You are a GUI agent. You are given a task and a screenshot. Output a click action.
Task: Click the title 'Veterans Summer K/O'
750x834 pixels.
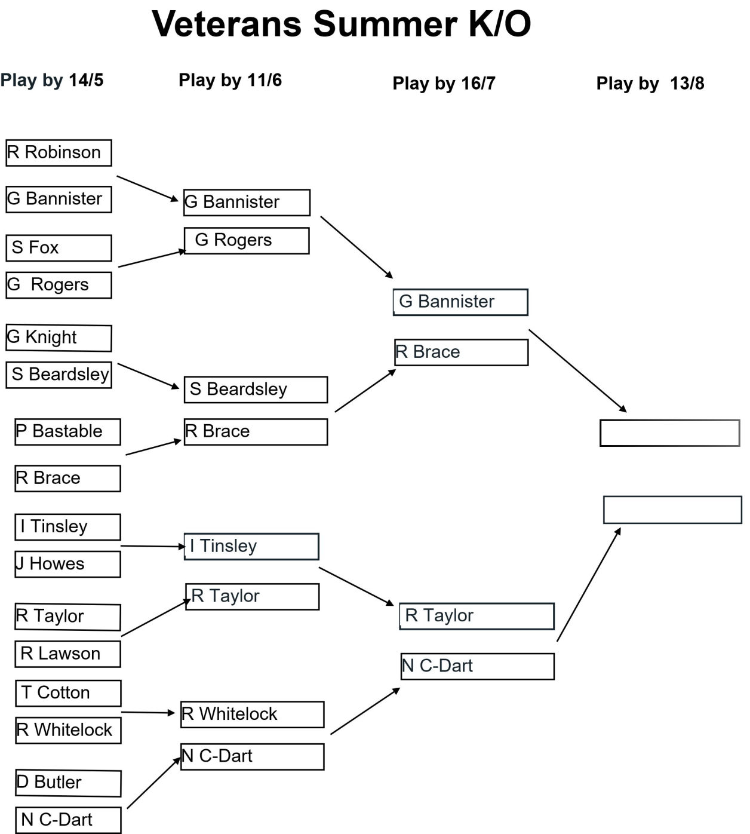(341, 24)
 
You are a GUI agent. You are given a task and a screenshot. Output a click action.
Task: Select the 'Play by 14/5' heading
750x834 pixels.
(52, 80)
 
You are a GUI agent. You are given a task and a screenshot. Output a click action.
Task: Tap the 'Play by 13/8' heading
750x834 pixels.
(650, 83)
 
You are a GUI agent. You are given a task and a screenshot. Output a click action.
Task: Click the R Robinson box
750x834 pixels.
(59, 153)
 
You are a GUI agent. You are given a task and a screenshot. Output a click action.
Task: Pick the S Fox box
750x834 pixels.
(59, 248)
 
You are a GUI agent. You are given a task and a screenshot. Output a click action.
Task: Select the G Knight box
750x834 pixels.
(59, 338)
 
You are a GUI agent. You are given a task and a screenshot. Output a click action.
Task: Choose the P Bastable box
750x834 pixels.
(67, 432)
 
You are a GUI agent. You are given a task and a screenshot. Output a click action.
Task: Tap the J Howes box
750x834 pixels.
(67, 564)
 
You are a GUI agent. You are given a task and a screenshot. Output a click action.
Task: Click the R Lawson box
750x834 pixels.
(67, 654)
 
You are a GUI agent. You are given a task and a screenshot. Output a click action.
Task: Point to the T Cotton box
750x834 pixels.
(68, 693)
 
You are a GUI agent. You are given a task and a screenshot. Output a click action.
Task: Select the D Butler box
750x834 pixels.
(68, 783)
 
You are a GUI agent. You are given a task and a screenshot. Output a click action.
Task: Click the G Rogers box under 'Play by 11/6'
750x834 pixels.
(247, 241)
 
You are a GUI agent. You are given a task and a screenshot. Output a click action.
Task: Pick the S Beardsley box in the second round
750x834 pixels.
(256, 390)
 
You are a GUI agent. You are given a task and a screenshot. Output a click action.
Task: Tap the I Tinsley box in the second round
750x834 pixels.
(251, 546)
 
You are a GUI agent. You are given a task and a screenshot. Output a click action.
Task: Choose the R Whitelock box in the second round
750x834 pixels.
(253, 715)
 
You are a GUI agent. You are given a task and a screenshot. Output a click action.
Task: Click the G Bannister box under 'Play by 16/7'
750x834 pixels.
(460, 302)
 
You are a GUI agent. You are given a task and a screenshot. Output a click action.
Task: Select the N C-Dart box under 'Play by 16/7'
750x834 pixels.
(478, 667)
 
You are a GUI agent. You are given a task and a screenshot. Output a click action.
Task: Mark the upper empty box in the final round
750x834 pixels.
(670, 433)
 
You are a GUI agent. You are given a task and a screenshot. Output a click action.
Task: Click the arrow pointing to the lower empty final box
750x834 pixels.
(589, 584)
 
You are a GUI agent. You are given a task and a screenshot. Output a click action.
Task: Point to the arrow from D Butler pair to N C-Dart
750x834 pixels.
(154, 783)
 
